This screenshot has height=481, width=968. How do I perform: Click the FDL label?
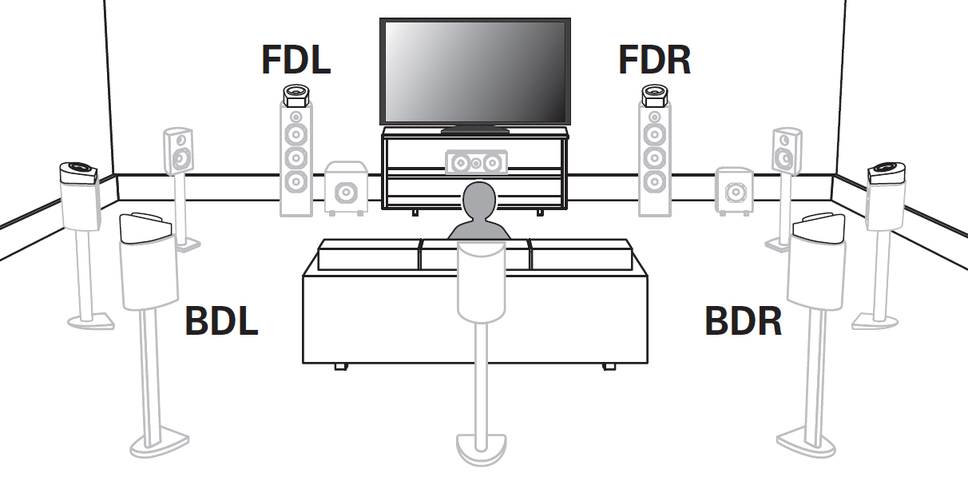[x=296, y=60]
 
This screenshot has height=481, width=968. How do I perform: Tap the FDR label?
[x=654, y=60]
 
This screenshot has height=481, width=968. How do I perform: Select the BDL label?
[x=221, y=320]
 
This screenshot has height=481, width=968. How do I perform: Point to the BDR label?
[x=742, y=320]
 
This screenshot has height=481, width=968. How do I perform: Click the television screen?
[x=474, y=70]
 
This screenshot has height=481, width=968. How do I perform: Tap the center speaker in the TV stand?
[x=475, y=163]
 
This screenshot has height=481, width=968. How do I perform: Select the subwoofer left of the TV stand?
[x=346, y=189]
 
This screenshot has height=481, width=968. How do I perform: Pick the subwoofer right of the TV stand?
[x=734, y=192]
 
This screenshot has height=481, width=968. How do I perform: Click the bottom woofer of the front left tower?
[x=296, y=181]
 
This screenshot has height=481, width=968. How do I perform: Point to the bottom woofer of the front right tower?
[x=654, y=181]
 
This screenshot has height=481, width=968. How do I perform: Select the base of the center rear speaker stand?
[x=480, y=447]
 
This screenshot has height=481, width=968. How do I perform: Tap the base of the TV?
[x=474, y=129]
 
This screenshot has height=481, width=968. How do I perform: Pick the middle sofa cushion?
[x=474, y=256]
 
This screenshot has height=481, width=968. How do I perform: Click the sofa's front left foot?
[x=340, y=366]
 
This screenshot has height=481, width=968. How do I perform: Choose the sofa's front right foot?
[x=609, y=366]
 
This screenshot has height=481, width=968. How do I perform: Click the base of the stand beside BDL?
[x=159, y=442]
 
